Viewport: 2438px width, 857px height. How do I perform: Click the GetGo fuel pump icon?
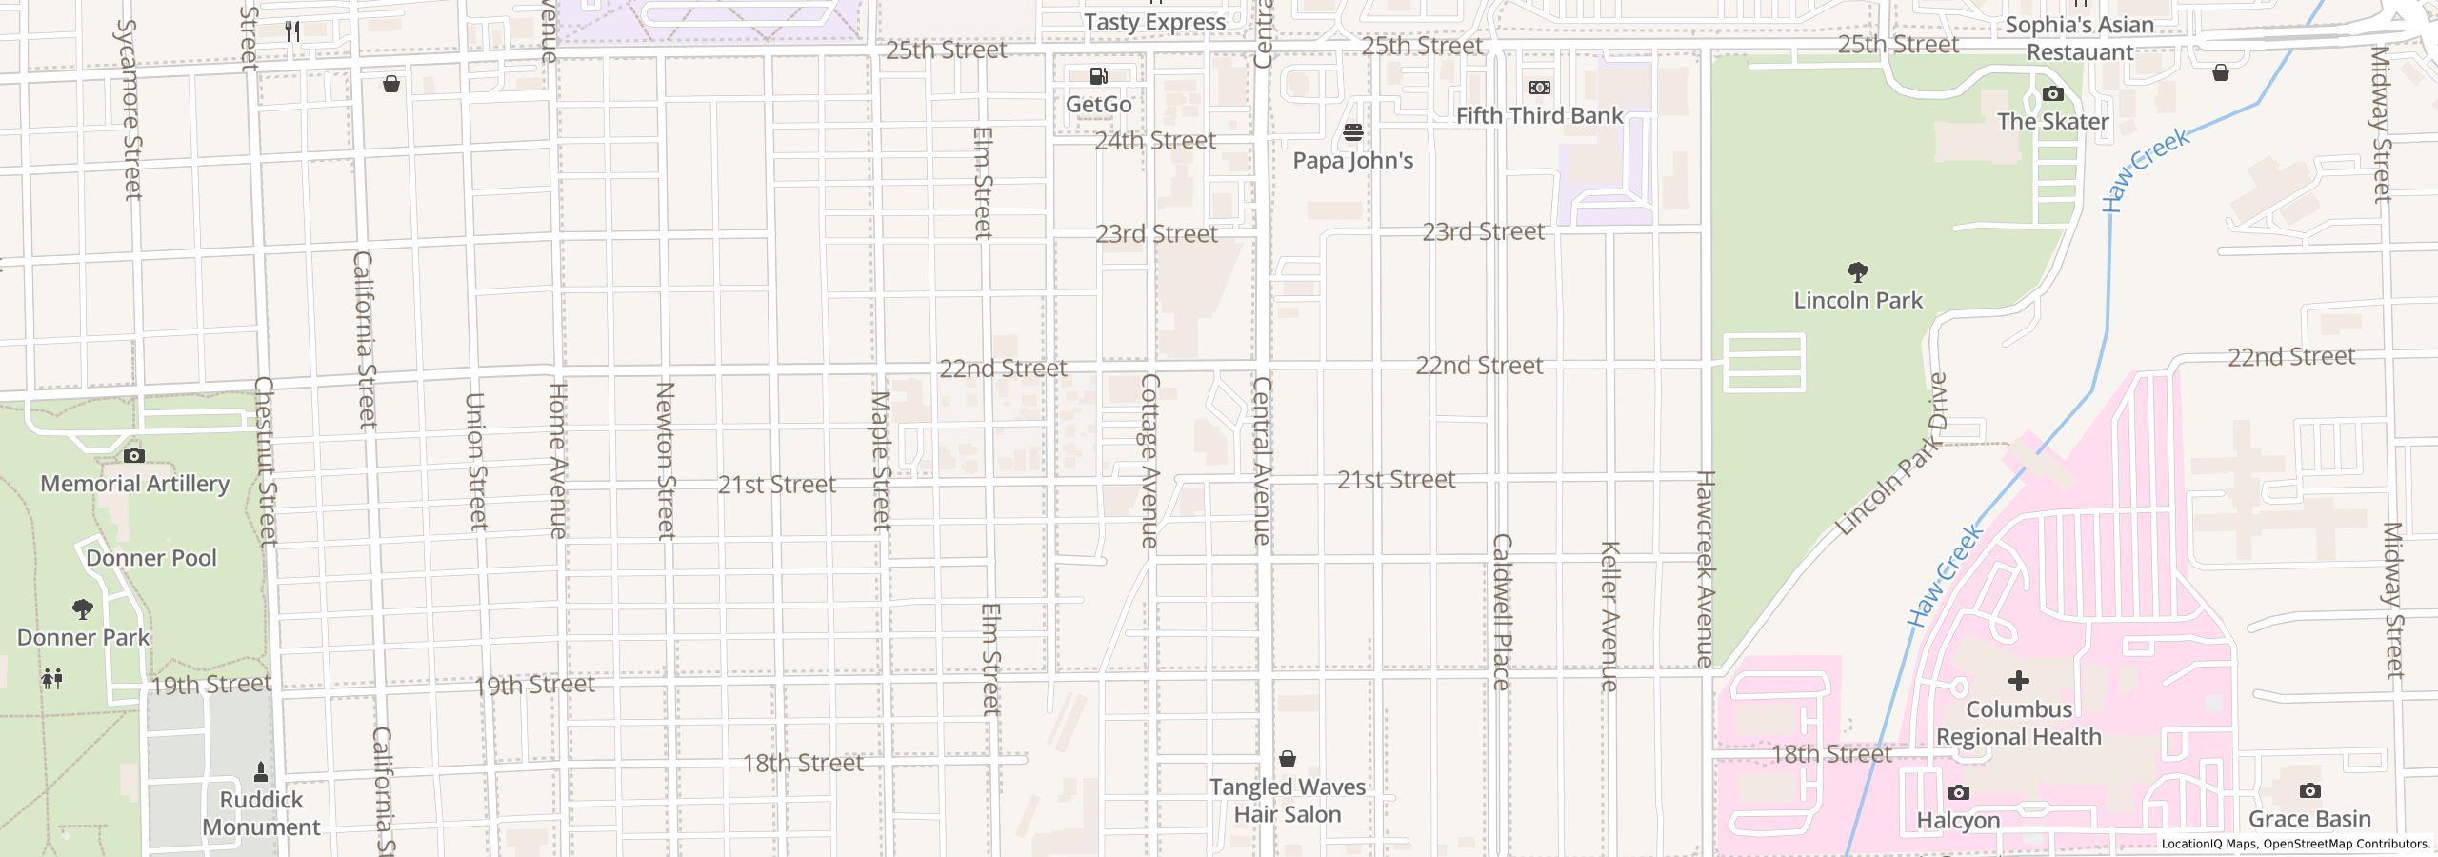click(x=1098, y=76)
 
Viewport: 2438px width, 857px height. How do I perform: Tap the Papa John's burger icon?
click(x=1353, y=131)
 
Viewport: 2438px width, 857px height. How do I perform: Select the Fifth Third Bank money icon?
click(x=1539, y=88)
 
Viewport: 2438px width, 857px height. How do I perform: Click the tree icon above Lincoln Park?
click(x=1857, y=272)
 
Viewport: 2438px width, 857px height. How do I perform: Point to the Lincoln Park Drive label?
click(x=1892, y=454)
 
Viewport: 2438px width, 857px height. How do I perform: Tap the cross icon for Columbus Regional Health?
click(x=2018, y=680)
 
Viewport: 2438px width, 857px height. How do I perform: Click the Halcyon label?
click(x=1958, y=820)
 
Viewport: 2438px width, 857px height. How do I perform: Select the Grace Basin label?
click(x=2309, y=819)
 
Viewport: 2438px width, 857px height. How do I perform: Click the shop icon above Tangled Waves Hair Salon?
click(x=1287, y=759)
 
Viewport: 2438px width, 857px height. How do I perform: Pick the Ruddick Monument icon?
click(x=261, y=771)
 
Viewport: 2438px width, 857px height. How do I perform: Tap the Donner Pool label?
click(x=151, y=558)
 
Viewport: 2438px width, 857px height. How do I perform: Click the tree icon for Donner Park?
click(x=83, y=608)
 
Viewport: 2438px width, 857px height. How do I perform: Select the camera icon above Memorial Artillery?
click(x=134, y=455)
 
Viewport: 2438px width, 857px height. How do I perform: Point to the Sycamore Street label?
click(x=128, y=110)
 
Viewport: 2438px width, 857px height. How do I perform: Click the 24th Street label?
click(x=1155, y=141)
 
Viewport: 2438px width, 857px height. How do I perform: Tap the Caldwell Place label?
click(x=1501, y=611)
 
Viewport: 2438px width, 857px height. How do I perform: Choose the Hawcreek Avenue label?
click(x=1705, y=568)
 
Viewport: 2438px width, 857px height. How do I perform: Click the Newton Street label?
click(x=666, y=461)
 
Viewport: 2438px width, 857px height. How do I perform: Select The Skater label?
click(x=2052, y=122)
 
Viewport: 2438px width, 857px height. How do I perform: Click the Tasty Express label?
click(x=1154, y=22)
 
